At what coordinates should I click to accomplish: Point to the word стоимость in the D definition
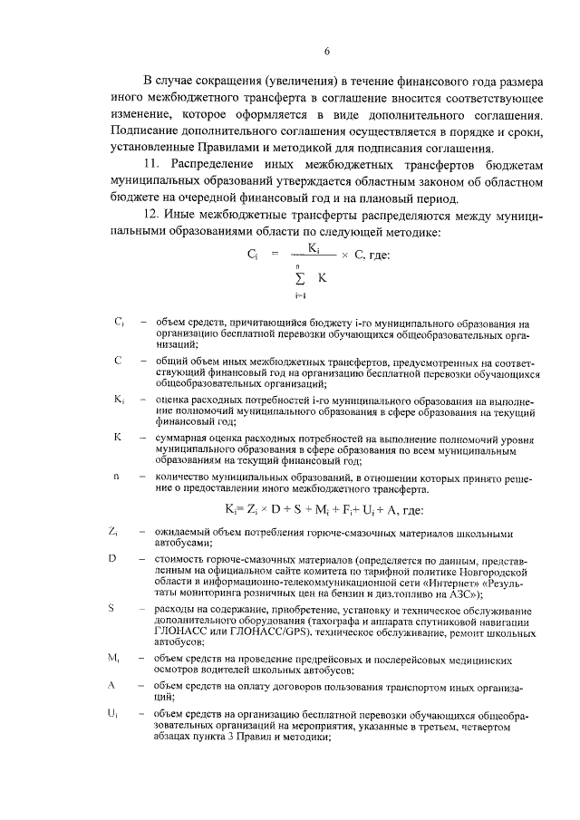point(183,558)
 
